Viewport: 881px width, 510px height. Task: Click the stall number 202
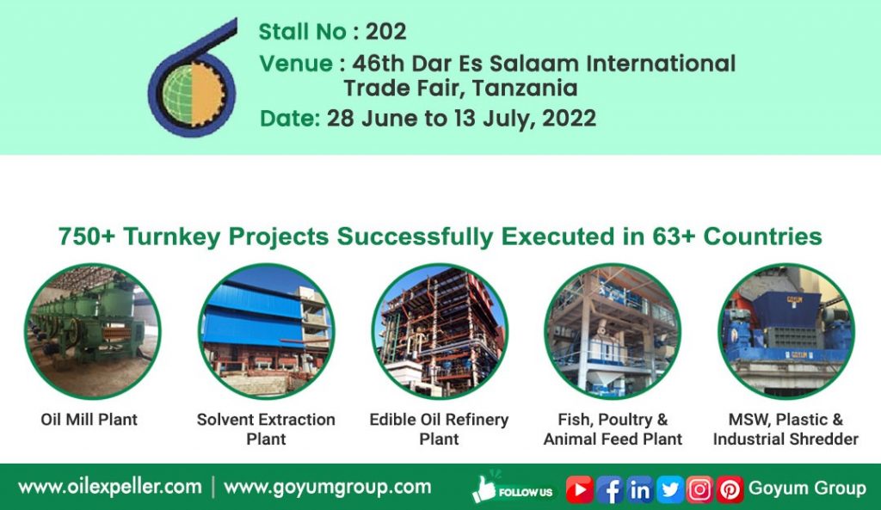pyautogui.click(x=385, y=32)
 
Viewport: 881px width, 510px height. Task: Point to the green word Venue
pyautogui.click(x=296, y=63)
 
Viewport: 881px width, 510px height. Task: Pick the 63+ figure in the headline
pyautogui.click(x=671, y=237)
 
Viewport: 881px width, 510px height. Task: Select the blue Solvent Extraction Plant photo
pyautogui.click(x=266, y=331)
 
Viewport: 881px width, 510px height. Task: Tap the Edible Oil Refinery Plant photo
pyautogui.click(x=440, y=331)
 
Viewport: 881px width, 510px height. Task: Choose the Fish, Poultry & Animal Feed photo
pyautogui.click(x=613, y=331)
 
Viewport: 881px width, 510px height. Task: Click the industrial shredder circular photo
pyautogui.click(x=786, y=331)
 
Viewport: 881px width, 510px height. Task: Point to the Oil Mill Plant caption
pyautogui.click(x=89, y=420)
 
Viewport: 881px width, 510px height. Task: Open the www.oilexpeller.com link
pyautogui.click(x=109, y=487)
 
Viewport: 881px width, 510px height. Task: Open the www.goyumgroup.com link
pyautogui.click(x=327, y=487)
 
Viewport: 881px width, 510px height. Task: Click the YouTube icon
pyautogui.click(x=580, y=489)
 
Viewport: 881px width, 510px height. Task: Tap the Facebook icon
pyautogui.click(x=609, y=489)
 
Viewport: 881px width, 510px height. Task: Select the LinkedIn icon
pyautogui.click(x=639, y=489)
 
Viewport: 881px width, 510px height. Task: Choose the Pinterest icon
pyautogui.click(x=730, y=489)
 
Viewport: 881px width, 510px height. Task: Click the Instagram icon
pyautogui.click(x=699, y=489)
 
